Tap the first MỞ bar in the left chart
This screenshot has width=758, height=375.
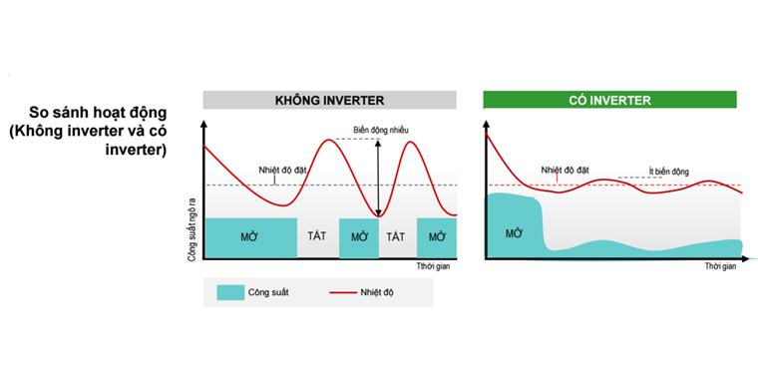click(x=250, y=237)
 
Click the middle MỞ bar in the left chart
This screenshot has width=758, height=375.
click(x=359, y=237)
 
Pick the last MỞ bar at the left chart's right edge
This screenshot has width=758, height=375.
click(x=437, y=237)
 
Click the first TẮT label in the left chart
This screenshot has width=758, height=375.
click(x=317, y=237)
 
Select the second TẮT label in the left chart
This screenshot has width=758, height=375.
click(x=397, y=237)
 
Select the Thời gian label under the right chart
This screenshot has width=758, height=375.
click(x=720, y=267)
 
